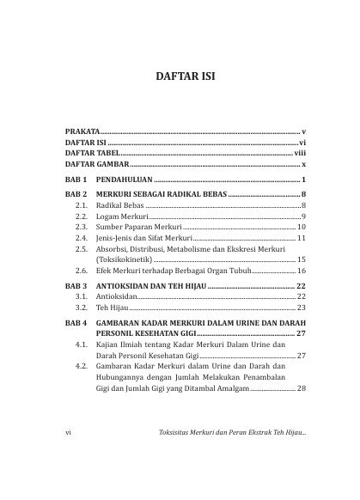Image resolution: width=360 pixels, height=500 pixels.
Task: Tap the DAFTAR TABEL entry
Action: (93, 150)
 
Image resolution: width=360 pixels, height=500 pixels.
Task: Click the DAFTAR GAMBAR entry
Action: (97, 162)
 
